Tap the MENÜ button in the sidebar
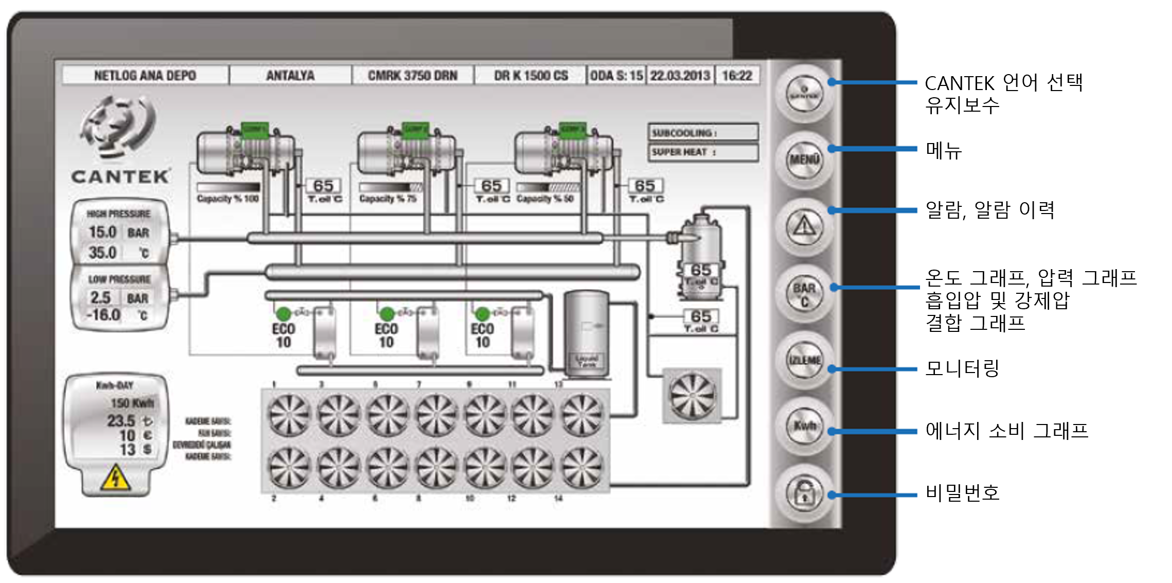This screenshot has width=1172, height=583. tap(804, 160)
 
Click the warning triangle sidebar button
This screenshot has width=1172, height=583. tap(804, 226)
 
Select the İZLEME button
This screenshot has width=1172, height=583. tap(804, 360)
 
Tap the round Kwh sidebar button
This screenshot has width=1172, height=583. tap(804, 426)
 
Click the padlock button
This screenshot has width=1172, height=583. tap(804, 493)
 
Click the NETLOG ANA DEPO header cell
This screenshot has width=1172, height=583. tap(145, 76)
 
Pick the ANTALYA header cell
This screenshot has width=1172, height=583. tap(290, 76)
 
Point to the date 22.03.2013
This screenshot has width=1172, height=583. tap(680, 76)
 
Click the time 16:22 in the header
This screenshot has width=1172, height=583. tap(737, 76)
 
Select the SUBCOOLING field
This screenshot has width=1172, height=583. tap(702, 133)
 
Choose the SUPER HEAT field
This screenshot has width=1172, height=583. tap(702, 152)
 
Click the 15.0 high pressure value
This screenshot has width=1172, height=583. tap(102, 233)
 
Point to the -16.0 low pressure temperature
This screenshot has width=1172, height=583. tap(103, 315)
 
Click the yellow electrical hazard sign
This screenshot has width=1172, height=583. tap(116, 478)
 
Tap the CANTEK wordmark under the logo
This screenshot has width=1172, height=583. tap(120, 177)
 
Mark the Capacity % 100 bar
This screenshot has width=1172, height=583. tap(228, 187)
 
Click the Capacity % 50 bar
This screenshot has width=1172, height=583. tap(548, 187)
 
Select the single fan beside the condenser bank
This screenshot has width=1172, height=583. tap(692, 396)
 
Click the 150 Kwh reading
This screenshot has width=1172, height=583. tap(132, 403)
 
